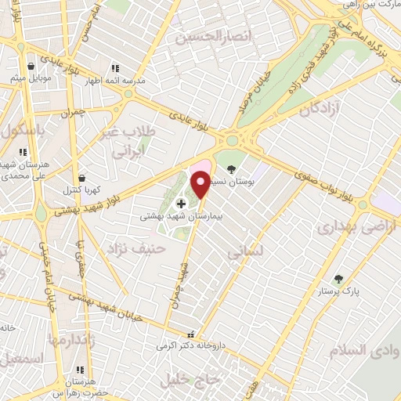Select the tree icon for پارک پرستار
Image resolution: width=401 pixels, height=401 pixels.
(x=338, y=279)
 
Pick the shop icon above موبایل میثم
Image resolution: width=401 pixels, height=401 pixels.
(x=31, y=67)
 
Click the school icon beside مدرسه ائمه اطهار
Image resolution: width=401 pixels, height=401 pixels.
(x=116, y=68)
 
